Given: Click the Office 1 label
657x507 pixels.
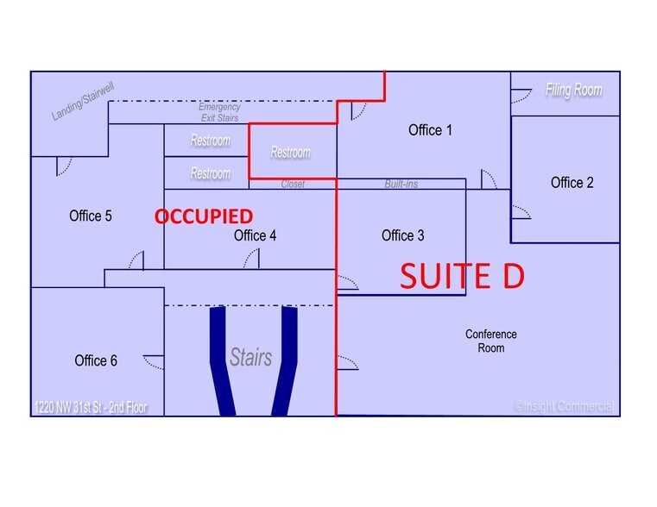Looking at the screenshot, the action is [x=430, y=130].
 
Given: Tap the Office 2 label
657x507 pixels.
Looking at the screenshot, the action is [x=572, y=183].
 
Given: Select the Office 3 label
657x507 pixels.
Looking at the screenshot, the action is [x=402, y=235].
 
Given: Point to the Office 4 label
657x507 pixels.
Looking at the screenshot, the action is [x=255, y=235].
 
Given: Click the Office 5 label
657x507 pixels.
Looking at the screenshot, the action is [x=91, y=216].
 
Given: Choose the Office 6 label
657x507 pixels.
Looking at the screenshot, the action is [x=96, y=360].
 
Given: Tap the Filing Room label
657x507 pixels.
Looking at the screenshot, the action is [x=573, y=90].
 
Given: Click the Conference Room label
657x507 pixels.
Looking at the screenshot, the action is [x=491, y=341].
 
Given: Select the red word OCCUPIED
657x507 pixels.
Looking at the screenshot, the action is [x=204, y=216].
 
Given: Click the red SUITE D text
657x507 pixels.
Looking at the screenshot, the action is [x=462, y=276].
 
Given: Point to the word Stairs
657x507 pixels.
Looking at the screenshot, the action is [x=250, y=357].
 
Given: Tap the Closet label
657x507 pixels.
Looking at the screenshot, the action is [x=293, y=184].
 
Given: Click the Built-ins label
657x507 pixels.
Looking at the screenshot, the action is [x=401, y=184].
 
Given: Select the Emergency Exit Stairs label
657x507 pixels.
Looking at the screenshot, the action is [x=219, y=113].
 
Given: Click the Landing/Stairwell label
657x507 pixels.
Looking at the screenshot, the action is [x=83, y=102].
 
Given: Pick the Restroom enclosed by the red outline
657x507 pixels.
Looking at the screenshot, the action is [x=290, y=153].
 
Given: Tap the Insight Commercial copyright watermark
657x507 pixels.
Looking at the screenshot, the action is [x=564, y=406].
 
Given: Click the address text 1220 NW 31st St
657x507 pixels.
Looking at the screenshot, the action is [x=70, y=408].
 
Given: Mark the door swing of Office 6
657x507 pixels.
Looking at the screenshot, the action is [x=154, y=362].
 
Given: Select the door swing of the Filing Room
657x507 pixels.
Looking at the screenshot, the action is [x=521, y=96].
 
